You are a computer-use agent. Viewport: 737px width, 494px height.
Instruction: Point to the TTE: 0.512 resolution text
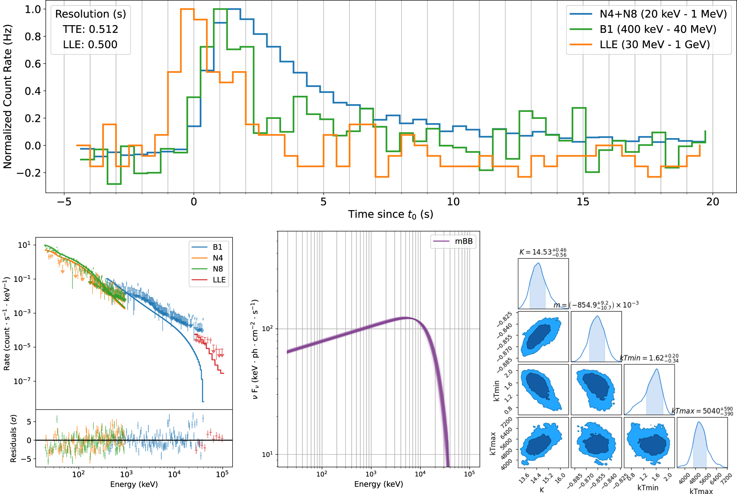(90, 29)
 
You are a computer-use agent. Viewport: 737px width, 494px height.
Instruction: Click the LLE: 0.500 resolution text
(90, 45)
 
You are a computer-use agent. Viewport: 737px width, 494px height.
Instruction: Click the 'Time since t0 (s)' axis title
(390, 214)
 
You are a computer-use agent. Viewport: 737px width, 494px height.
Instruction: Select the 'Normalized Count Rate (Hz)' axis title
(8, 96)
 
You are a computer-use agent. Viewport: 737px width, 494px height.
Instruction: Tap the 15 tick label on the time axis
(583, 202)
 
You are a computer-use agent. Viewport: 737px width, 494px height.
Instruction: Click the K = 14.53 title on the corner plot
(543, 252)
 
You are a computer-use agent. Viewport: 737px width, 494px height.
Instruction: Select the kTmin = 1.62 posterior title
(649, 358)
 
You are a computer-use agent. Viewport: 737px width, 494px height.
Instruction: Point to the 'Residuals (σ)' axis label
(13, 438)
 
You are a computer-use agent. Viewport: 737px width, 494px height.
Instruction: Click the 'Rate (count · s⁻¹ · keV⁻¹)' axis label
(7, 323)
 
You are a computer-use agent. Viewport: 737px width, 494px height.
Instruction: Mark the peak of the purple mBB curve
(406, 318)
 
